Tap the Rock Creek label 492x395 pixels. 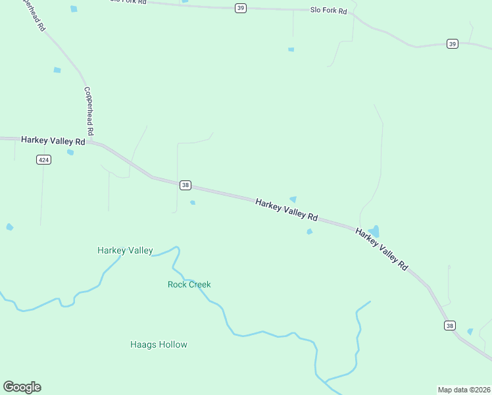click(189, 284)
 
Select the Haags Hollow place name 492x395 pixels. click(159, 344)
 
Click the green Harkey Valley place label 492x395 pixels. click(125, 250)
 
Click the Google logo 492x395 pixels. click(22, 387)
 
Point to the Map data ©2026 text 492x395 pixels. click(464, 389)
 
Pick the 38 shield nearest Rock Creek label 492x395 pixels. click(185, 186)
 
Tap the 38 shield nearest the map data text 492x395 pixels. click(450, 326)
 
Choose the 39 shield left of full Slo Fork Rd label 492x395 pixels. click(241, 8)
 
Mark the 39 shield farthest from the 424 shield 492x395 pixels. click(452, 43)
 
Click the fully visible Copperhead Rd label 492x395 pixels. click(89, 108)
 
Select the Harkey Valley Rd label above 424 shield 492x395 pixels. click(53, 141)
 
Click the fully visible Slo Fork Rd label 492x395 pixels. click(328, 11)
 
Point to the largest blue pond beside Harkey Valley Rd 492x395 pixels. click(374, 231)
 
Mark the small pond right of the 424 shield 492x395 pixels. click(70, 152)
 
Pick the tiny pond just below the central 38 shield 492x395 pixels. click(193, 202)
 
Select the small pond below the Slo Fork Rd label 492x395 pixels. click(291, 49)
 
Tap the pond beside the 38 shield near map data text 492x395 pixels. click(470, 331)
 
